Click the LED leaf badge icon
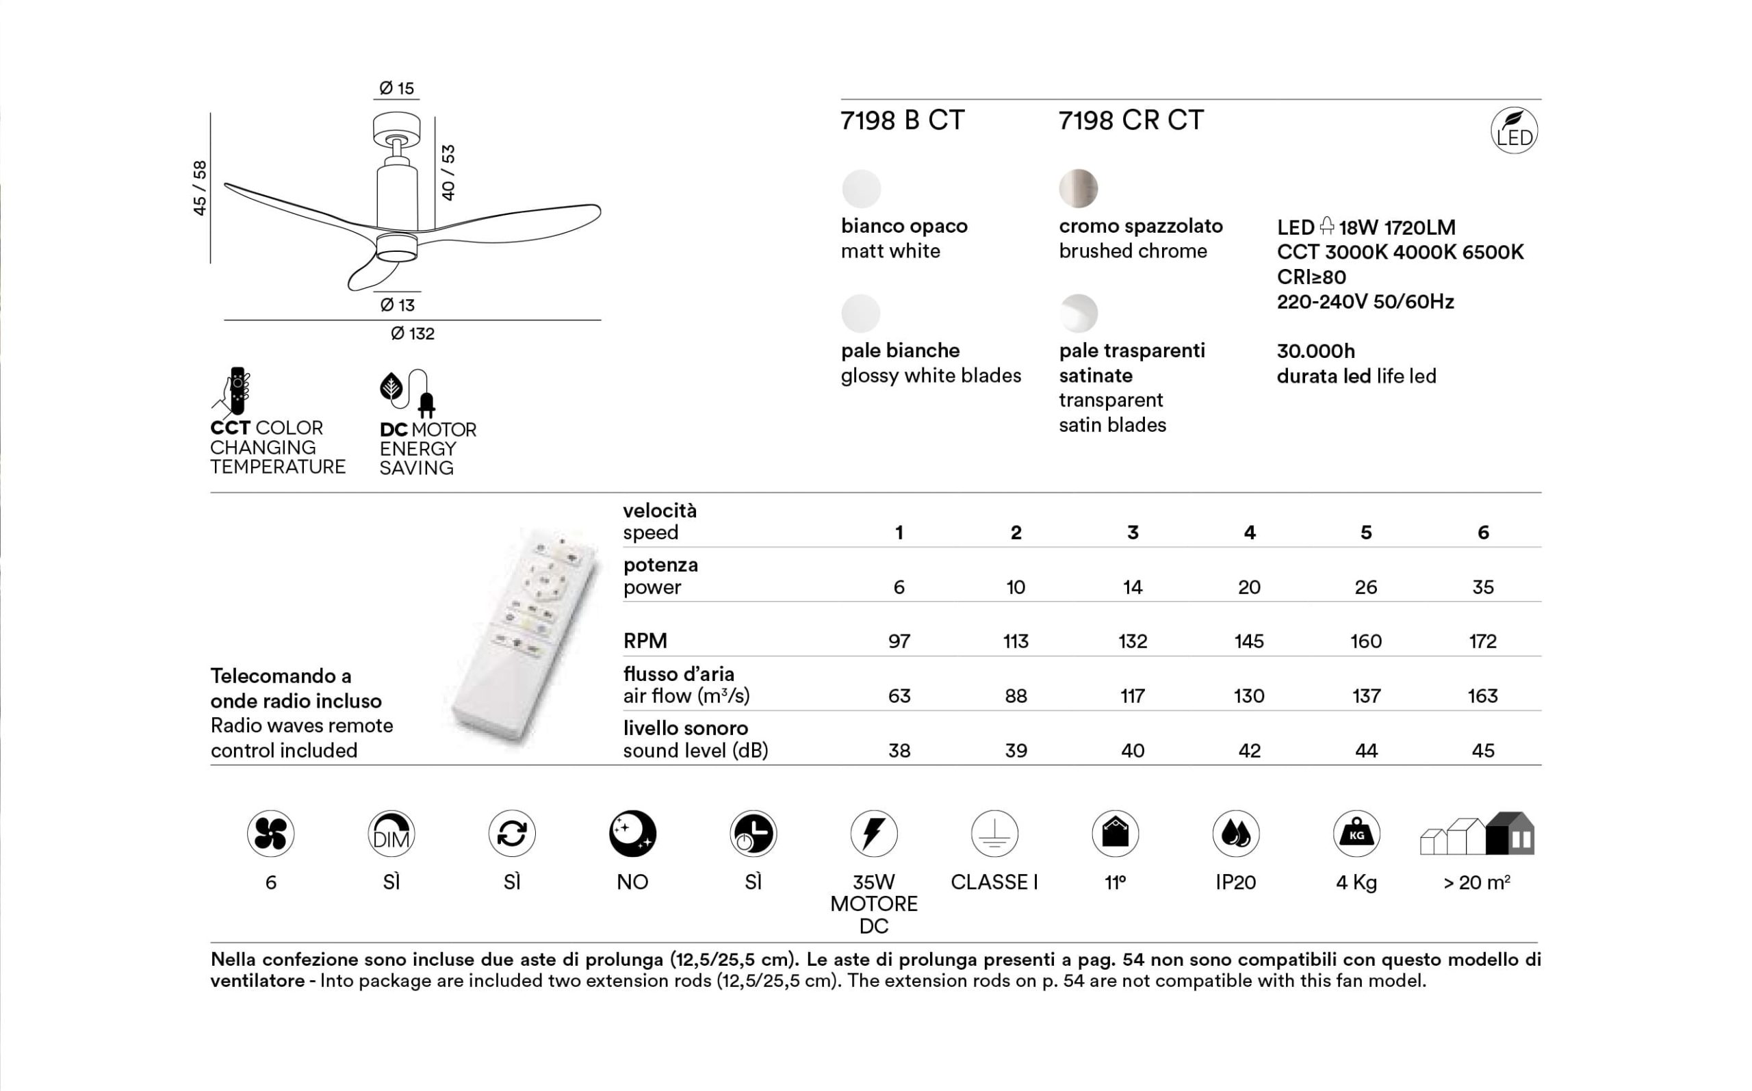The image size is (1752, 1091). tap(1513, 131)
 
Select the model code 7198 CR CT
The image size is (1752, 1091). tap(1131, 120)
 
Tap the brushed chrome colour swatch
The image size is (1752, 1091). tap(1078, 188)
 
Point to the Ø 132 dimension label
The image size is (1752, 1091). tap(413, 333)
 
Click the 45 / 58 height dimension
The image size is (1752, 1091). tap(200, 188)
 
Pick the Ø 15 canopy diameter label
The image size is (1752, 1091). tap(397, 88)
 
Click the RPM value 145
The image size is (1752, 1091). tap(1248, 641)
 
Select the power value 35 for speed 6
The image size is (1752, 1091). tap(1482, 587)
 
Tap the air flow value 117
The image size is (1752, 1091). tap(1132, 695)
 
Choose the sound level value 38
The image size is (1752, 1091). tap(899, 750)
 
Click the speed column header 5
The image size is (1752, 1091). tap(1365, 532)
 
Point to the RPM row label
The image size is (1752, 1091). tap(645, 641)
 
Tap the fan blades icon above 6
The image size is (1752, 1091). tap(270, 834)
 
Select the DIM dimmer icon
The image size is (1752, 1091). tap(391, 834)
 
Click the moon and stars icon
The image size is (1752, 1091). tap(632, 834)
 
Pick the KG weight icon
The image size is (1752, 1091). tap(1356, 834)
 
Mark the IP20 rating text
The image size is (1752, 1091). tap(1235, 882)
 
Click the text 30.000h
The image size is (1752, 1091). tap(1315, 351)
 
